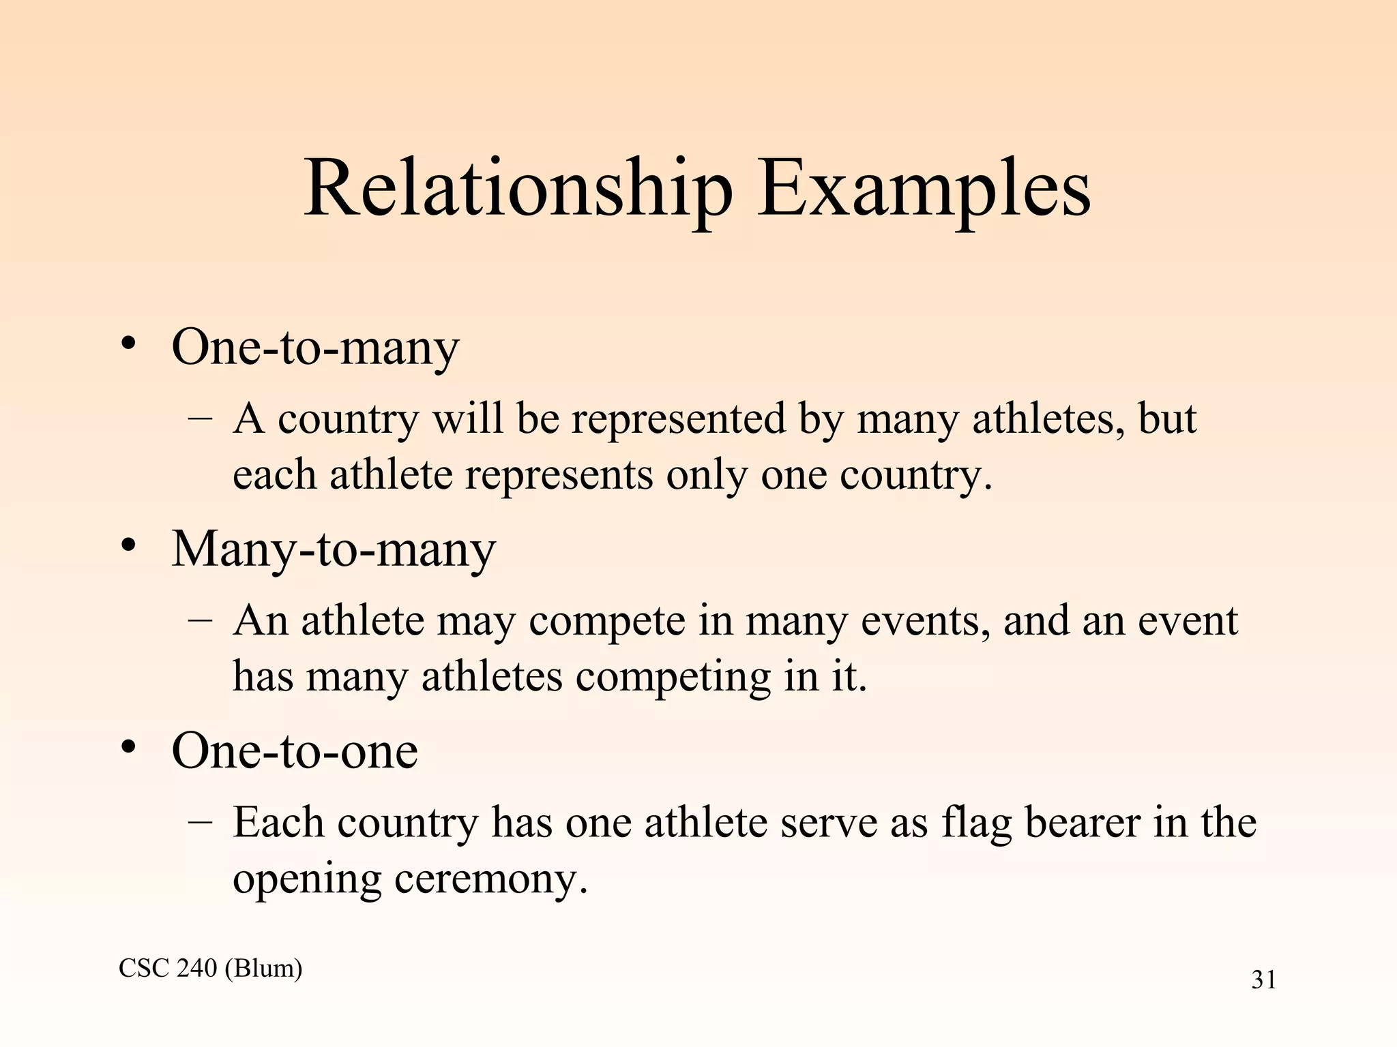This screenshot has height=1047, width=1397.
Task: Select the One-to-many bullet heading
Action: [x=315, y=348]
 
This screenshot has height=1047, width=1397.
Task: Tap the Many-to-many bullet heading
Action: [x=333, y=549]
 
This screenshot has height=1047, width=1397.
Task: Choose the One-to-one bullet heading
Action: [x=295, y=750]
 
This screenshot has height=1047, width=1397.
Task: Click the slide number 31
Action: [x=1263, y=980]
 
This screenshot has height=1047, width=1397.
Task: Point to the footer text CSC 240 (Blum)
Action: [x=210, y=968]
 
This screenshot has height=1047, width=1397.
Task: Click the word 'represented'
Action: [x=679, y=419]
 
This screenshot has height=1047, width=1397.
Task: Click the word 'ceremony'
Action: [x=490, y=879]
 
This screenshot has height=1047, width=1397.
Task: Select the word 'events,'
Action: [x=926, y=621]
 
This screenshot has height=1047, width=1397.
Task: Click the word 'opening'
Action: [x=307, y=879]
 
